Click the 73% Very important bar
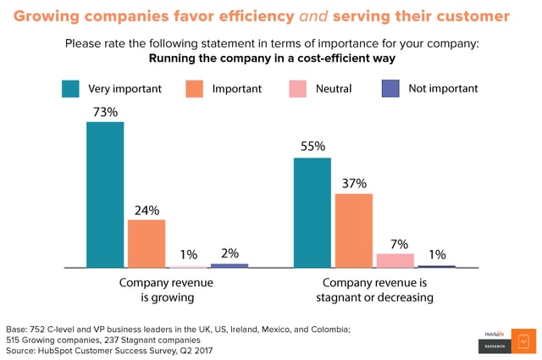click(x=105, y=195)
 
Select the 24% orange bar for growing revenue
click(x=147, y=244)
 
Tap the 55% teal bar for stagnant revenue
click(x=312, y=213)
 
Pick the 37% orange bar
click(x=353, y=230)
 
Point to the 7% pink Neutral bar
click(x=395, y=260)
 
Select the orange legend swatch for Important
click(x=194, y=88)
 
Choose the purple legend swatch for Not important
click(x=391, y=88)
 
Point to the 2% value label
click(x=230, y=252)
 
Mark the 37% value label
click(x=354, y=182)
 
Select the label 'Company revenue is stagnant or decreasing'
click(x=373, y=290)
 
